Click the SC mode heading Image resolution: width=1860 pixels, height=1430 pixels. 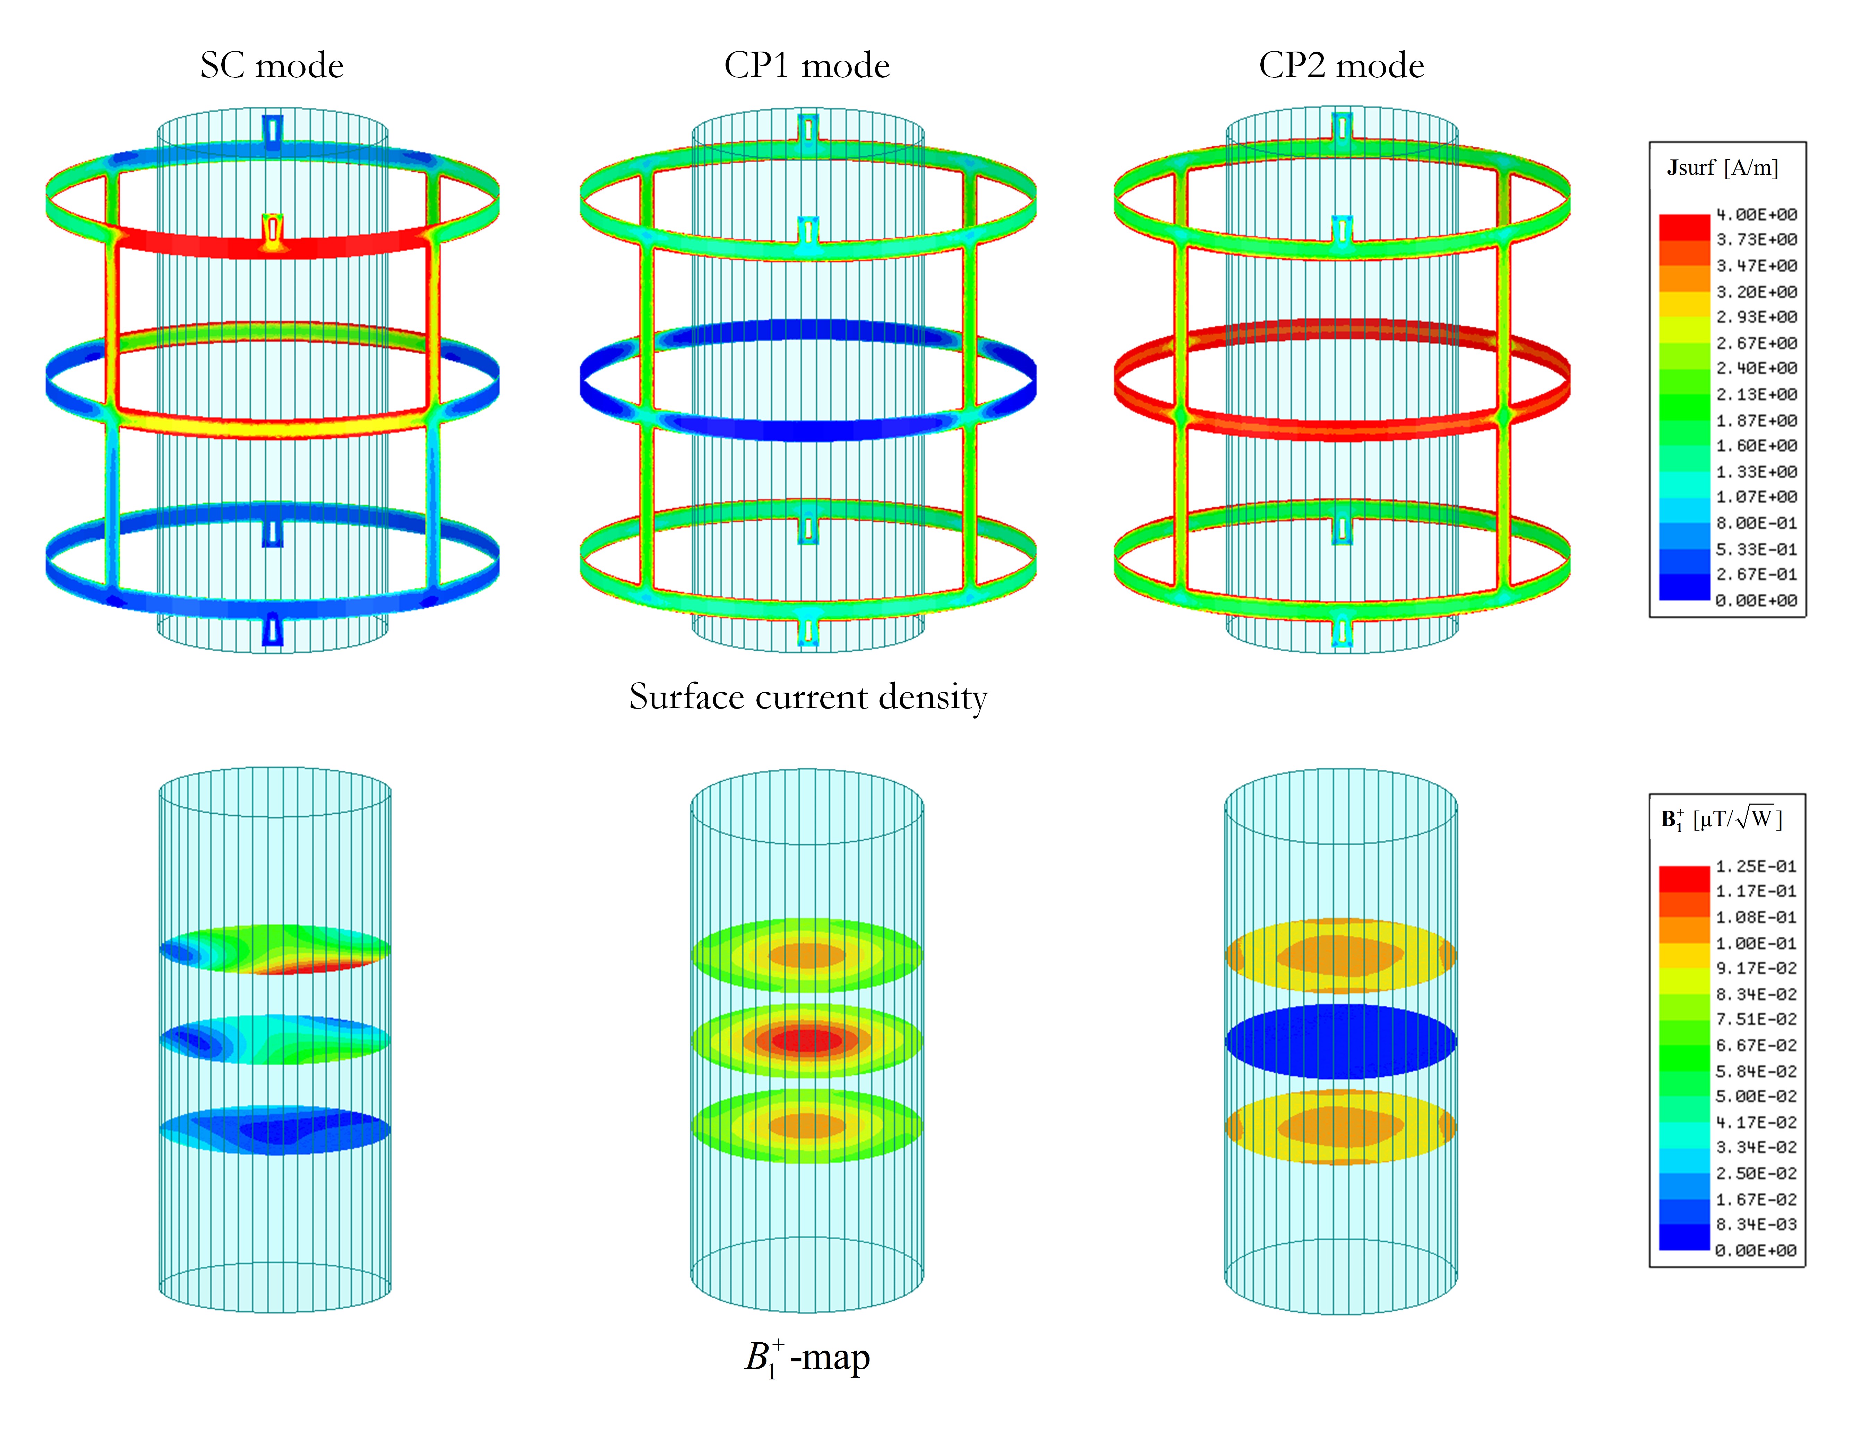(272, 66)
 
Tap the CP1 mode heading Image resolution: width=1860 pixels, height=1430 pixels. (806, 66)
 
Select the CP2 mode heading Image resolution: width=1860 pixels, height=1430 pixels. (1342, 66)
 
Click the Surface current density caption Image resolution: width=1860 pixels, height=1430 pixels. (808, 697)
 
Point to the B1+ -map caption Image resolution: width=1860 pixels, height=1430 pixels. (807, 1358)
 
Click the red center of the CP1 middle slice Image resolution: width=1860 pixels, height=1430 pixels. (806, 1040)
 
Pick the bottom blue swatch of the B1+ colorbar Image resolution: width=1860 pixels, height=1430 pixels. (1684, 1237)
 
